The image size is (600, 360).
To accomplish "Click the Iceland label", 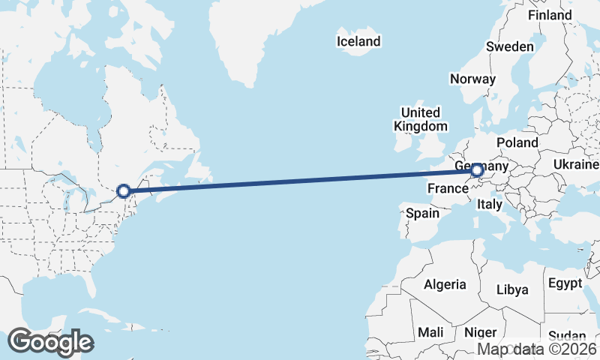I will click(x=358, y=42).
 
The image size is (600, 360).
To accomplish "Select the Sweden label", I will click(x=510, y=46).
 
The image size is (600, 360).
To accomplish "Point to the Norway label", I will click(x=472, y=79).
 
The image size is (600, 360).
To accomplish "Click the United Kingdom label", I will click(x=421, y=120).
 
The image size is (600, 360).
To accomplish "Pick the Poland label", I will click(x=517, y=142).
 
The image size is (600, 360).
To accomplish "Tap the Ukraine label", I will click(x=576, y=164).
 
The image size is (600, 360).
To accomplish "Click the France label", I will click(x=448, y=189).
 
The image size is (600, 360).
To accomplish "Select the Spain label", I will click(x=422, y=214).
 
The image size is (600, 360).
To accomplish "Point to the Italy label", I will click(x=490, y=204).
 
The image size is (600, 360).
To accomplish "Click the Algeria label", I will click(x=445, y=285).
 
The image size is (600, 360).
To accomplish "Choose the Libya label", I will click(x=513, y=289).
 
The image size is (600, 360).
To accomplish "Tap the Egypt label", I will click(x=565, y=283).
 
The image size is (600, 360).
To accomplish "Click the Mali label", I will click(x=430, y=332).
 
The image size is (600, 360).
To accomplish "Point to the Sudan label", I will click(x=567, y=336).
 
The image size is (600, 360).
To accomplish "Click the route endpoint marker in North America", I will click(x=124, y=191).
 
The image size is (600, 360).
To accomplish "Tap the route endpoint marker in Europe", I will click(x=476, y=171).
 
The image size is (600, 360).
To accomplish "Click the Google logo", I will click(x=50, y=342).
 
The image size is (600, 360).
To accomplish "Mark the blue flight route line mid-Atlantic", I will click(x=300, y=181).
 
